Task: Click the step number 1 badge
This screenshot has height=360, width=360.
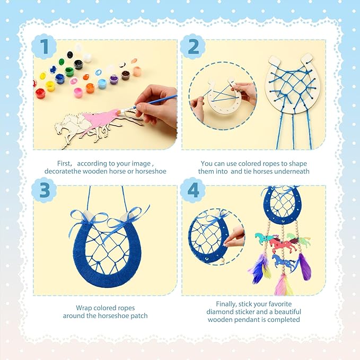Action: [x=44, y=47]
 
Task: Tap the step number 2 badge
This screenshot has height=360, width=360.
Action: [x=193, y=47]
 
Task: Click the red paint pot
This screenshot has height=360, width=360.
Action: [x=40, y=93]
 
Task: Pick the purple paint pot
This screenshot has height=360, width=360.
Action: [x=113, y=80]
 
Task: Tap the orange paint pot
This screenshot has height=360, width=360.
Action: [x=90, y=87]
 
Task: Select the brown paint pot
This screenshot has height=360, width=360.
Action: [x=126, y=74]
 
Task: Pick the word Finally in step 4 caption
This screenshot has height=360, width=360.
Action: [x=218, y=304]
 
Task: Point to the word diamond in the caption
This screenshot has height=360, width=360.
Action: [x=219, y=312]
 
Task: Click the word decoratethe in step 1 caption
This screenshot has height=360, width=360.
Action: [x=76, y=171]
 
